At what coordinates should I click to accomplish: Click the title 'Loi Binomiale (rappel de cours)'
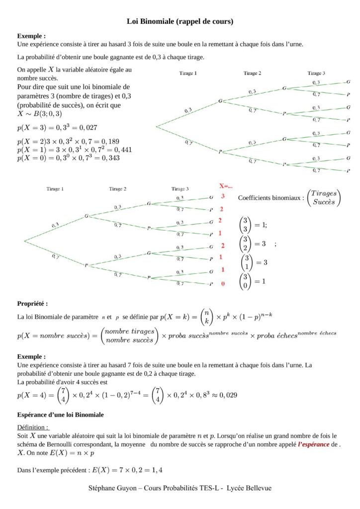click(180, 21)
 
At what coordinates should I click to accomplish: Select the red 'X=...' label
click(226, 186)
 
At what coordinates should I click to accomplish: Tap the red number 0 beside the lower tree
click(223, 283)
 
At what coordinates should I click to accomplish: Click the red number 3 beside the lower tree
click(223, 196)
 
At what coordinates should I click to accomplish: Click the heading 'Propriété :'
click(32, 303)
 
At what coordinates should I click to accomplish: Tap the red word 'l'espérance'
click(313, 444)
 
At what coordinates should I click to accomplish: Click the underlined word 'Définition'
click(32, 427)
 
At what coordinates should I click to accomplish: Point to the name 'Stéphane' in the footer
click(102, 488)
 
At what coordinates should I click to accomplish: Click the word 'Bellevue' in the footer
click(257, 488)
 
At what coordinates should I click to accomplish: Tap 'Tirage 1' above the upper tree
click(188, 74)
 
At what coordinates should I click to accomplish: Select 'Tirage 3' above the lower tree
click(180, 189)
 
